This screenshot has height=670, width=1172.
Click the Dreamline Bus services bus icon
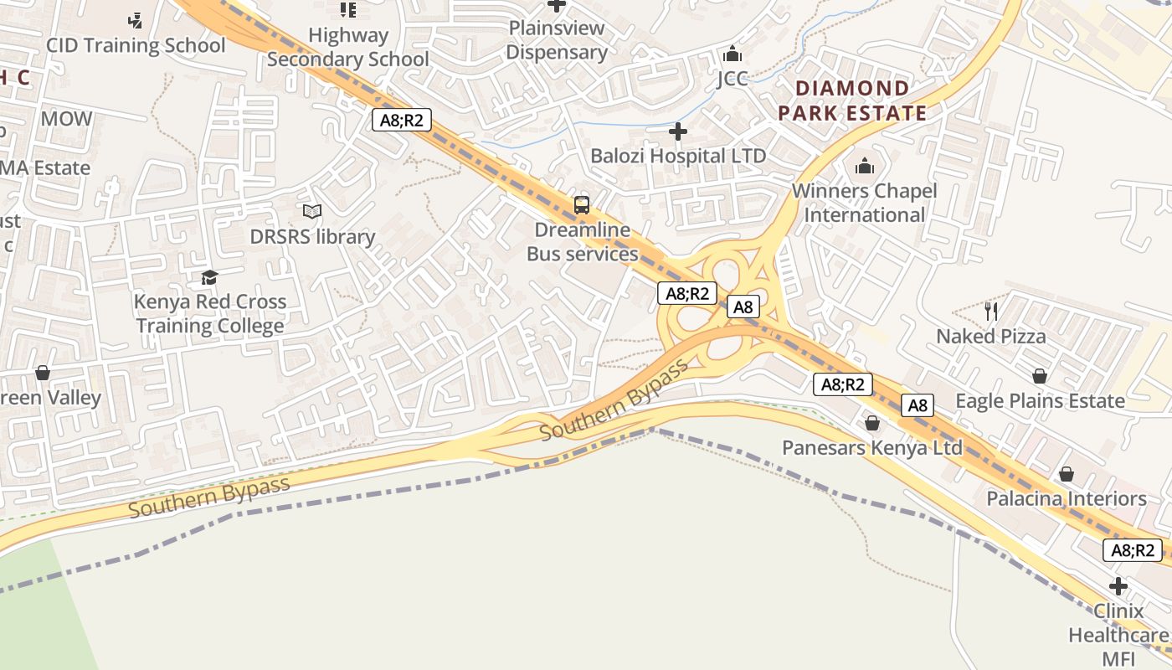coord(581,204)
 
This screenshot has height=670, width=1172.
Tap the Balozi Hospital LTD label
coord(678,156)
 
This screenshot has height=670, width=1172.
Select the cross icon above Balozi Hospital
coord(678,131)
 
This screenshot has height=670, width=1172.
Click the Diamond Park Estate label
coord(852,100)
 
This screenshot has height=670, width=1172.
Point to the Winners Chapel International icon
coord(865,167)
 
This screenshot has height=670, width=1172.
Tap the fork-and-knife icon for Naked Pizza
coord(991,312)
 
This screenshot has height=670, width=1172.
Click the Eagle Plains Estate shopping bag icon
coord(1040,376)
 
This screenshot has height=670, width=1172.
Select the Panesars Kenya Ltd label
coord(872,447)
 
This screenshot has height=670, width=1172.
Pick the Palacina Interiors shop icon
coord(1066,475)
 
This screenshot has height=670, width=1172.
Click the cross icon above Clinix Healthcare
coord(1118,585)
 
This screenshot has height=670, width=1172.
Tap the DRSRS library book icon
coord(312,212)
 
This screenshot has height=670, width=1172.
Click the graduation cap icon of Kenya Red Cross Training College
coord(209,277)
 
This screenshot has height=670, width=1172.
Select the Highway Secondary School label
coord(347,47)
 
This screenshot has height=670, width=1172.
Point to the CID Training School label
coord(136,45)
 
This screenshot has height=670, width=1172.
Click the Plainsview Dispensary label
coord(556,39)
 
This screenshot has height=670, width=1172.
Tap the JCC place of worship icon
coord(732,54)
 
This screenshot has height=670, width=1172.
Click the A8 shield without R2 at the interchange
coord(743,307)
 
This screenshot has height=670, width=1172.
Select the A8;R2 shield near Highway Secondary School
coord(402,120)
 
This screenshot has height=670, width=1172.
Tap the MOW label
coord(66,119)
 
